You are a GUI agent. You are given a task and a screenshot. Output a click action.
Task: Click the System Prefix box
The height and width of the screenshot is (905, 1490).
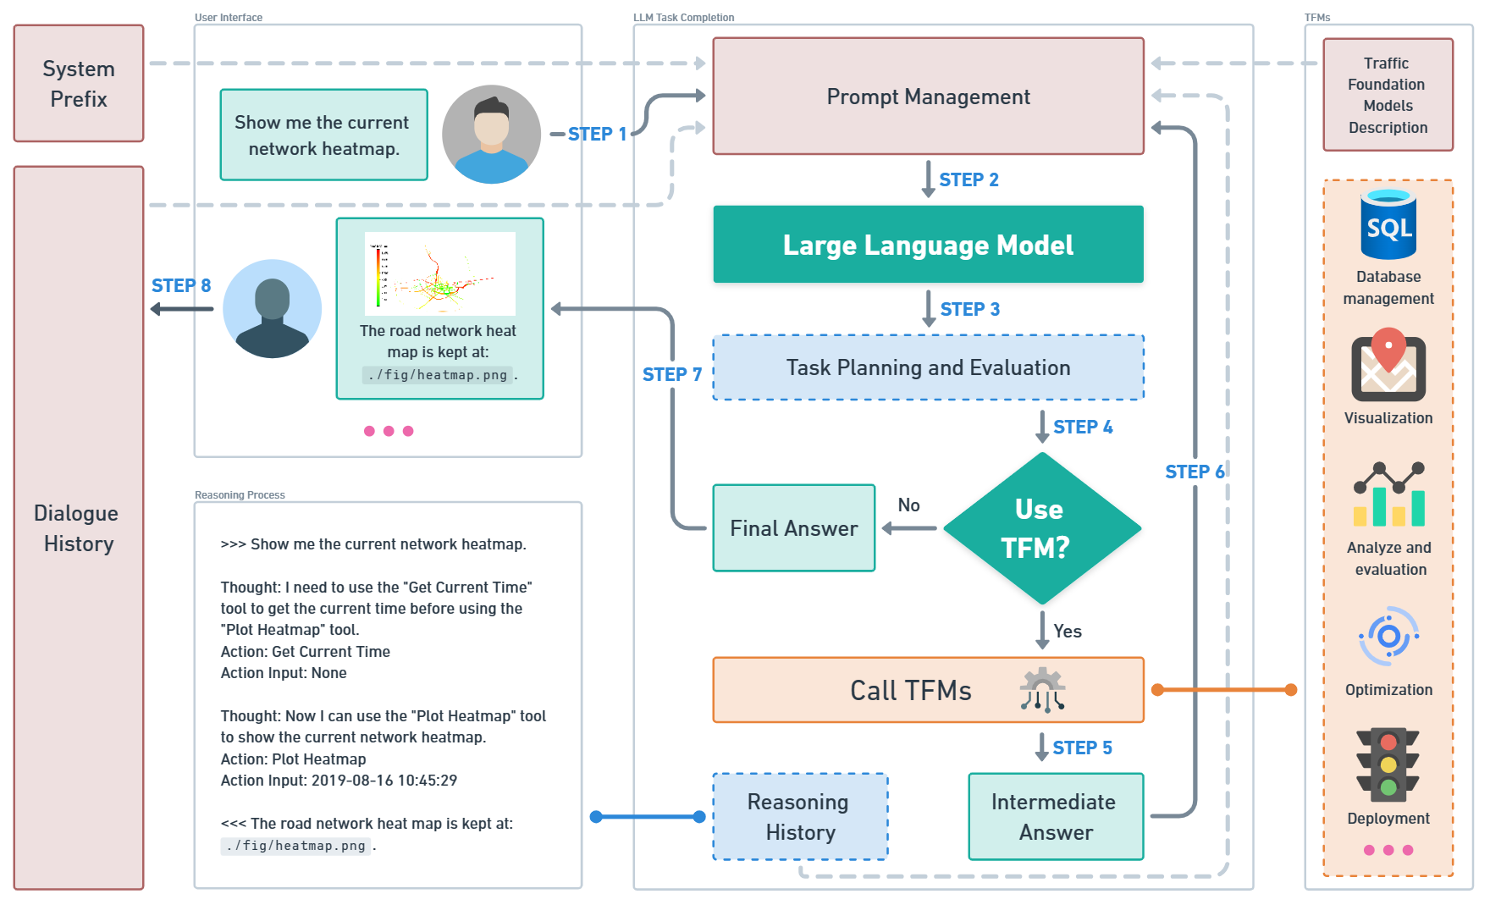tap(79, 83)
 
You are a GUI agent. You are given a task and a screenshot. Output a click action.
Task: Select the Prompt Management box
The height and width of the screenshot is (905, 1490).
tap(928, 96)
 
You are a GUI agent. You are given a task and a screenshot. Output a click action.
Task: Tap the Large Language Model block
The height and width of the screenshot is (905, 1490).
tap(928, 244)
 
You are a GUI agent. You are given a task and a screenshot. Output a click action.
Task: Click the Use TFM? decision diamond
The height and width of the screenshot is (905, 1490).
tap(1042, 528)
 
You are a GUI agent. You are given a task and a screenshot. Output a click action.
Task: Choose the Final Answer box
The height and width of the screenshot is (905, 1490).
tap(794, 528)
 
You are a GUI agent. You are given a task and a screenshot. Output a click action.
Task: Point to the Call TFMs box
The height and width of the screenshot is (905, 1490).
tap(928, 690)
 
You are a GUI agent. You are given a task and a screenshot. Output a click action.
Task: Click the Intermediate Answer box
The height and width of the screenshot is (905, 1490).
tap(1056, 817)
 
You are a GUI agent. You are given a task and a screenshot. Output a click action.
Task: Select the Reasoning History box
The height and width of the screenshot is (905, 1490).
tap(800, 817)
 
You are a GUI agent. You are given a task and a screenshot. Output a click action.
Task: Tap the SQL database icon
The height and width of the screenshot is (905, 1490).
tap(1388, 224)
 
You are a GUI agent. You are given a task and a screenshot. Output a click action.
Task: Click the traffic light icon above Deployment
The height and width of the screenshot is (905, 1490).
tap(1388, 764)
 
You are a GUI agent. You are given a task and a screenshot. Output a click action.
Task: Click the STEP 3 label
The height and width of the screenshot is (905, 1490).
tap(970, 309)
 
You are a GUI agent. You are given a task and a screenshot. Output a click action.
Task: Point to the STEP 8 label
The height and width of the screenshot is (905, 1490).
tap(181, 285)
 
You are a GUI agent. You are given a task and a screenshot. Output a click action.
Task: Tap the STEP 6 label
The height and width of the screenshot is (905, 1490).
tap(1195, 472)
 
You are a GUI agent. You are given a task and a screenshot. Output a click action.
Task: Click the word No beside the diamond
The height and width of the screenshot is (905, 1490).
tap(908, 505)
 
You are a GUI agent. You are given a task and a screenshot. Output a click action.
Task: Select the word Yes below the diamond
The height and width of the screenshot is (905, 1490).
tap(1068, 631)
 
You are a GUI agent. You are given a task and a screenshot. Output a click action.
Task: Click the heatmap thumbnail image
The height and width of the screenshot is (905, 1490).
tap(440, 273)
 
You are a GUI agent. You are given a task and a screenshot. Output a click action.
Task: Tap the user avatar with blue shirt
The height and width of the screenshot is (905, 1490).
tap(491, 134)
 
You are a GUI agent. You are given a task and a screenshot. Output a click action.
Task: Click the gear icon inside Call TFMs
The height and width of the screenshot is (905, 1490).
tap(1042, 689)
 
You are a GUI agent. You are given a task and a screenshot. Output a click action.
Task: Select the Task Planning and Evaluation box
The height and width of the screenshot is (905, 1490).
tap(928, 367)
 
